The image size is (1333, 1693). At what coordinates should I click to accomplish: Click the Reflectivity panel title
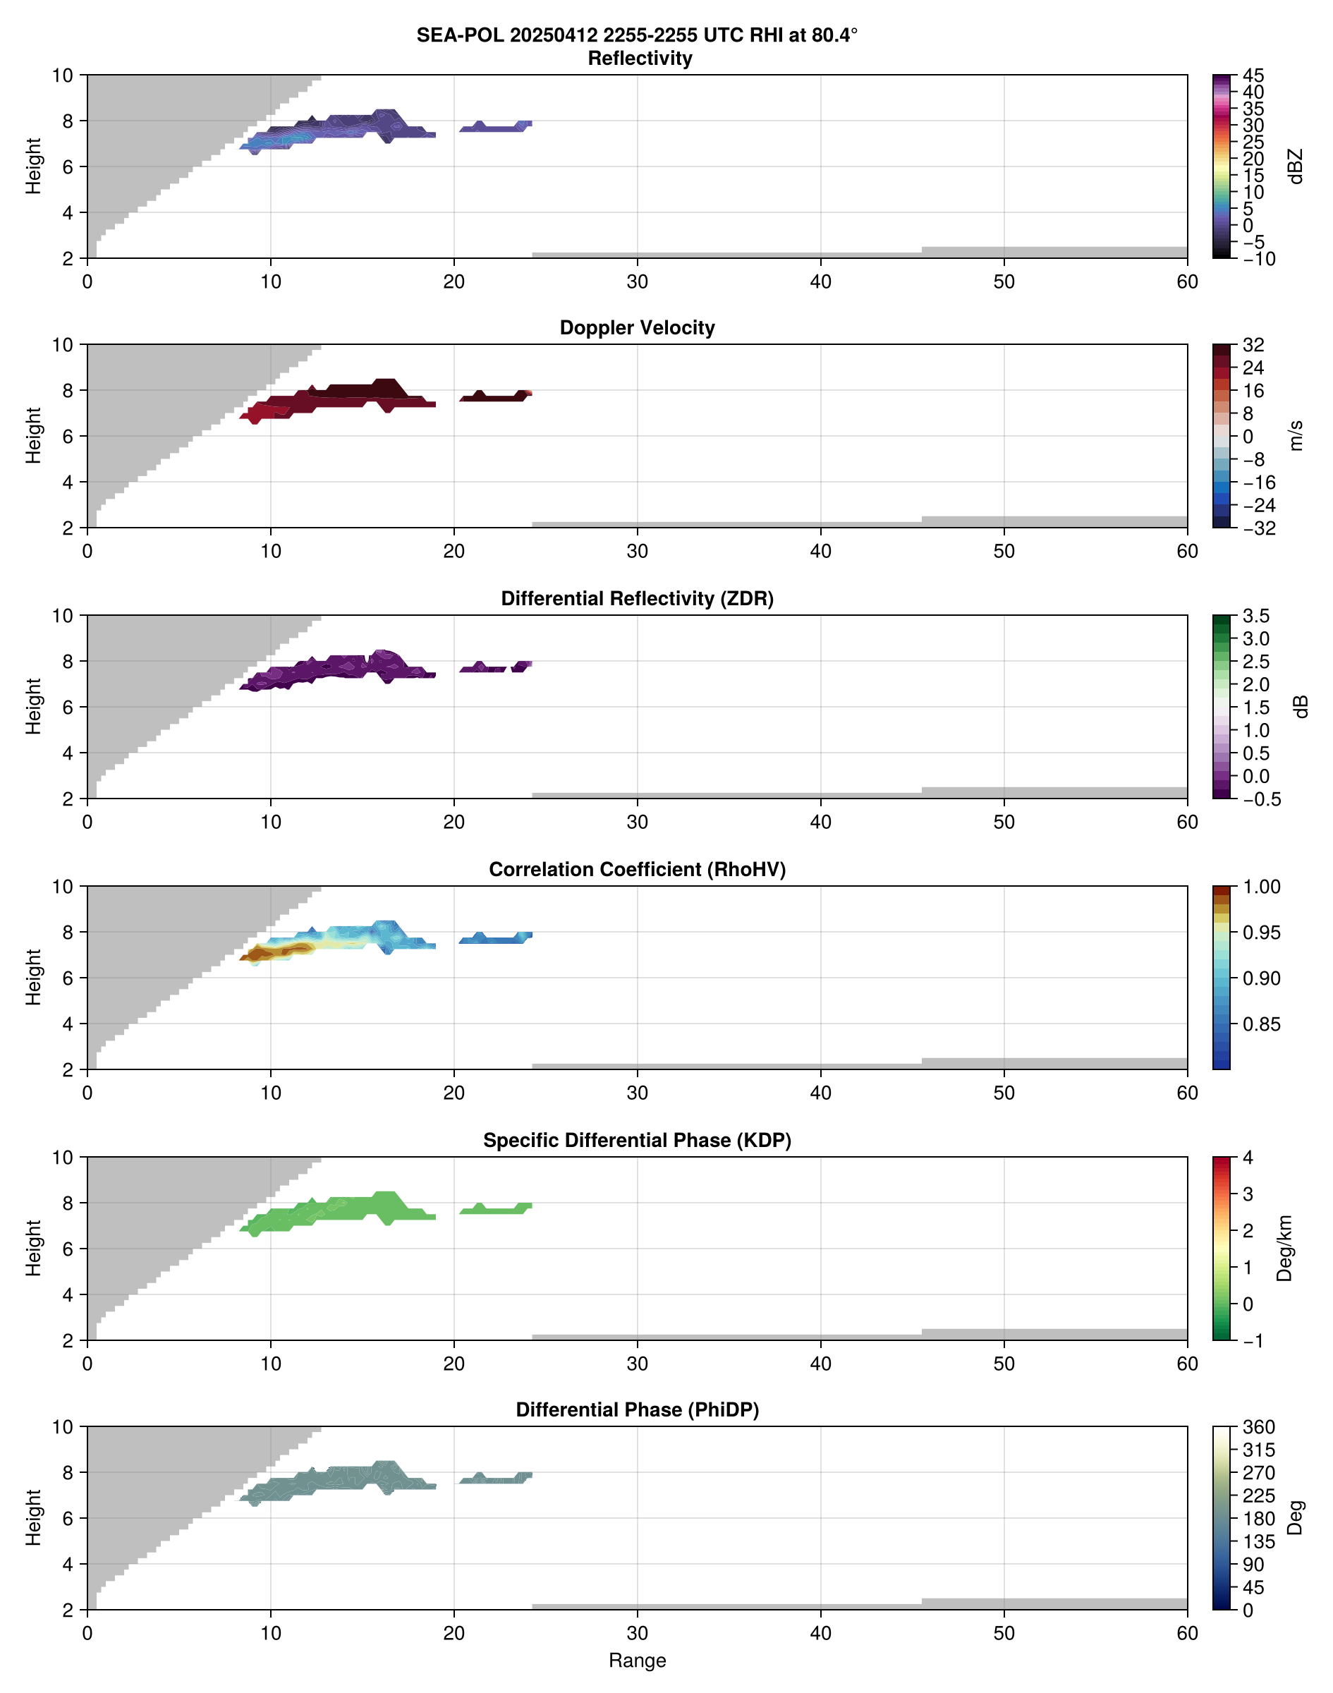[640, 59]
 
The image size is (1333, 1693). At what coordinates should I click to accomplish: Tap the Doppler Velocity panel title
[637, 328]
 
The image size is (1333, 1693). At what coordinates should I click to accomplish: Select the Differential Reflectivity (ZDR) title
[637, 599]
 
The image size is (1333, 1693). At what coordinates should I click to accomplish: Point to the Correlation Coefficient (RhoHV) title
[637, 870]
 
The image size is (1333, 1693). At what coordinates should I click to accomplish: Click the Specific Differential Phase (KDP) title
[637, 1141]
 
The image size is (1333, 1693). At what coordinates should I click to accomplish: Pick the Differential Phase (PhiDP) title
[637, 1409]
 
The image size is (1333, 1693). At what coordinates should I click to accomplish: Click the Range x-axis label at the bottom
[637, 1661]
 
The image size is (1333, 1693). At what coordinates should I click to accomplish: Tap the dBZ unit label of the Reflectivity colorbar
[1296, 166]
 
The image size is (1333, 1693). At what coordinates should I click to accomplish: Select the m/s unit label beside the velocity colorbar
[1296, 435]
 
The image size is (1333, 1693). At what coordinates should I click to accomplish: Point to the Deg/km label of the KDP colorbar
[1284, 1248]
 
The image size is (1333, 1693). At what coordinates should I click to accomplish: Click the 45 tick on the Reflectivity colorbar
[1253, 75]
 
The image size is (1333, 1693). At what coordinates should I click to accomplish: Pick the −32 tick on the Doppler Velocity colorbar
[1259, 528]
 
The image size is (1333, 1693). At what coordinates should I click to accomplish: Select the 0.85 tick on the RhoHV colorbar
[1261, 1024]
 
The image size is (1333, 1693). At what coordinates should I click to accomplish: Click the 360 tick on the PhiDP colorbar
[1259, 1427]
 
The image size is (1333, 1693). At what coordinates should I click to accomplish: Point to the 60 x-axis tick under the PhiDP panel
[1187, 1633]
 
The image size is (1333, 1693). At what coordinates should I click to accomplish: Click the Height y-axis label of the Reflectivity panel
[32, 166]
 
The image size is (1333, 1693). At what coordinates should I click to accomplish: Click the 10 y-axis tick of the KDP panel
[63, 1158]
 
